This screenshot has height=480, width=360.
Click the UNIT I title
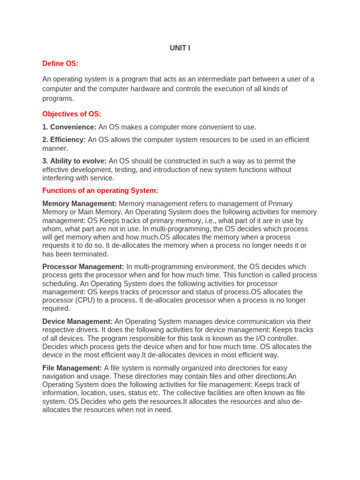[x=180, y=48]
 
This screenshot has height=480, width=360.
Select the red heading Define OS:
[x=60, y=64]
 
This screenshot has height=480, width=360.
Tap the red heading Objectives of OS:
[x=71, y=114]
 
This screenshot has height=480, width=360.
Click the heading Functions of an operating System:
[x=100, y=191]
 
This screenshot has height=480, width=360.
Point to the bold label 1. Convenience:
[x=69, y=127]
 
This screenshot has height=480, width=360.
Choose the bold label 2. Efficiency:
[x=64, y=140]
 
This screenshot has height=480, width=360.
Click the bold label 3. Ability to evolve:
[x=74, y=161]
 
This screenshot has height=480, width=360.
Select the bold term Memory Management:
[x=79, y=204]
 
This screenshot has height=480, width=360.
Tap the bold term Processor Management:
[x=83, y=267]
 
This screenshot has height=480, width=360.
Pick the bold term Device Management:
[x=77, y=322]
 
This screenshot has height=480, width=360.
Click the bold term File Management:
[x=72, y=368]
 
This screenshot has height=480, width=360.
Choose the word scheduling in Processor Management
[x=60, y=284]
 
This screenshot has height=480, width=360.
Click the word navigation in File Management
[x=60, y=376]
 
